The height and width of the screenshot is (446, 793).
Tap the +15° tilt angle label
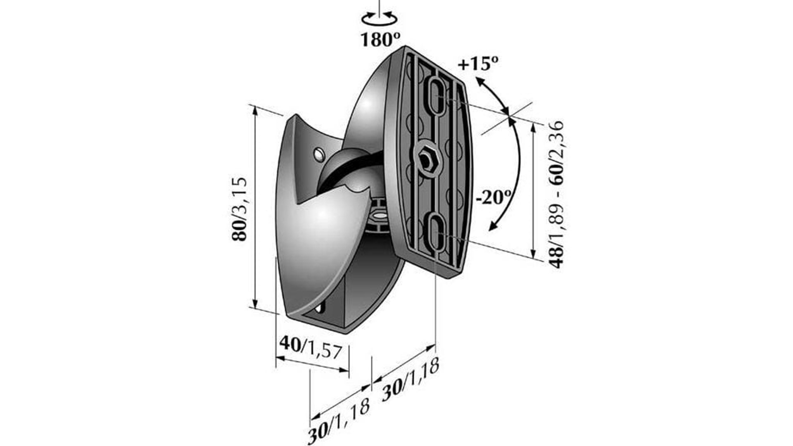click(x=478, y=64)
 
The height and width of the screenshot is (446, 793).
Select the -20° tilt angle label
click(x=494, y=197)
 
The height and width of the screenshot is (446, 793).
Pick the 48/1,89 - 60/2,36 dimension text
click(x=556, y=194)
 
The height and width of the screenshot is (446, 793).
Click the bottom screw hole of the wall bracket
click(x=320, y=308)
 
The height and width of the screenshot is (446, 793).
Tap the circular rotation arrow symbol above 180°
click(x=379, y=19)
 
